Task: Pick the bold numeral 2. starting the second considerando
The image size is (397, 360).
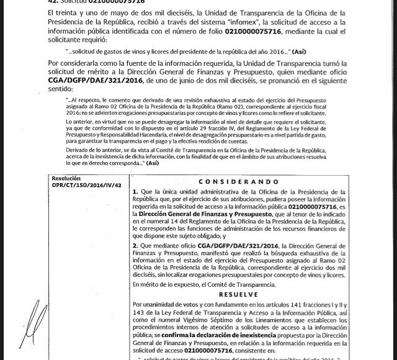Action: pos(135,245)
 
